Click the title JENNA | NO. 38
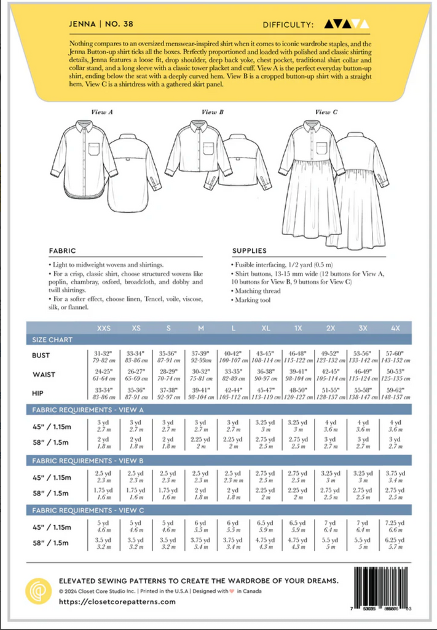tap(101, 25)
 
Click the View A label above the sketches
tap(103, 113)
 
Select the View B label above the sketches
tap(212, 113)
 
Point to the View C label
tap(322, 113)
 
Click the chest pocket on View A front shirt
tap(95, 150)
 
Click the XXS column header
tap(103, 328)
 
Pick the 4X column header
tap(396, 328)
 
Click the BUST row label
tap(42, 356)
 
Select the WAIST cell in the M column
tap(200, 374)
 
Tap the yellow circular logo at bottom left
tap(38, 591)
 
